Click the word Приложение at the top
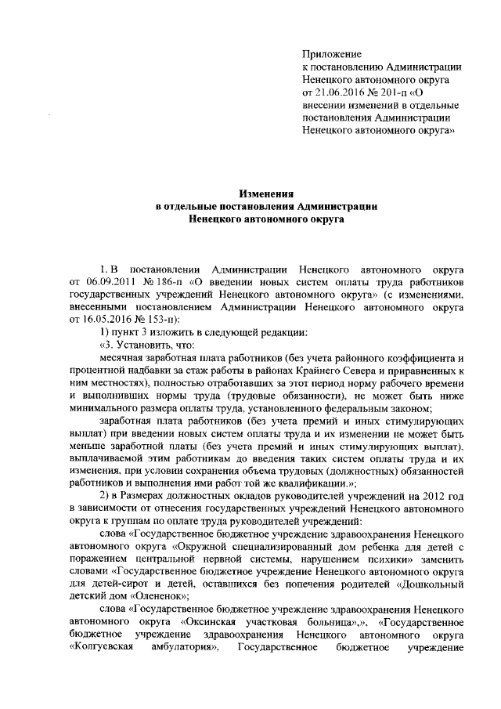click(331, 55)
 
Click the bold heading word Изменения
click(267, 193)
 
